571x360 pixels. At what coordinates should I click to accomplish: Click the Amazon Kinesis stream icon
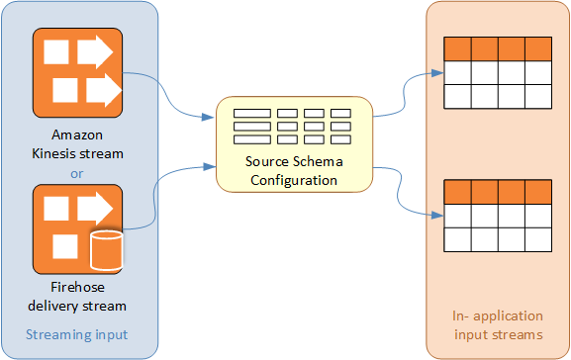pos(78,71)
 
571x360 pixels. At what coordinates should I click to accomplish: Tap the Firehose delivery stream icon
pos(78,228)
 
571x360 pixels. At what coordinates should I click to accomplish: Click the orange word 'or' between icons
pos(78,173)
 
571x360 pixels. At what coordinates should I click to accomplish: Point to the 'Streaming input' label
pos(76,334)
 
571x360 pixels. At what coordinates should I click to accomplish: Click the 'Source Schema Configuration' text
pos(293,171)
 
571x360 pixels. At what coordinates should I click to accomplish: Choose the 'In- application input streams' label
pos(497,324)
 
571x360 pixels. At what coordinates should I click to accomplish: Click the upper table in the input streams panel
pos(497,73)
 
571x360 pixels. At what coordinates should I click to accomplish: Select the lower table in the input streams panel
pos(497,215)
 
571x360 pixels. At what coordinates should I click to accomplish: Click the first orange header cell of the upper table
pos(457,49)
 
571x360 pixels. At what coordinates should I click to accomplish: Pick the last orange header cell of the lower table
pos(536,191)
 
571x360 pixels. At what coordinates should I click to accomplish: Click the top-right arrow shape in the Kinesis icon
pos(97,50)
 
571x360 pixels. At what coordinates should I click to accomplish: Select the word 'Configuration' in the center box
pos(293,180)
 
